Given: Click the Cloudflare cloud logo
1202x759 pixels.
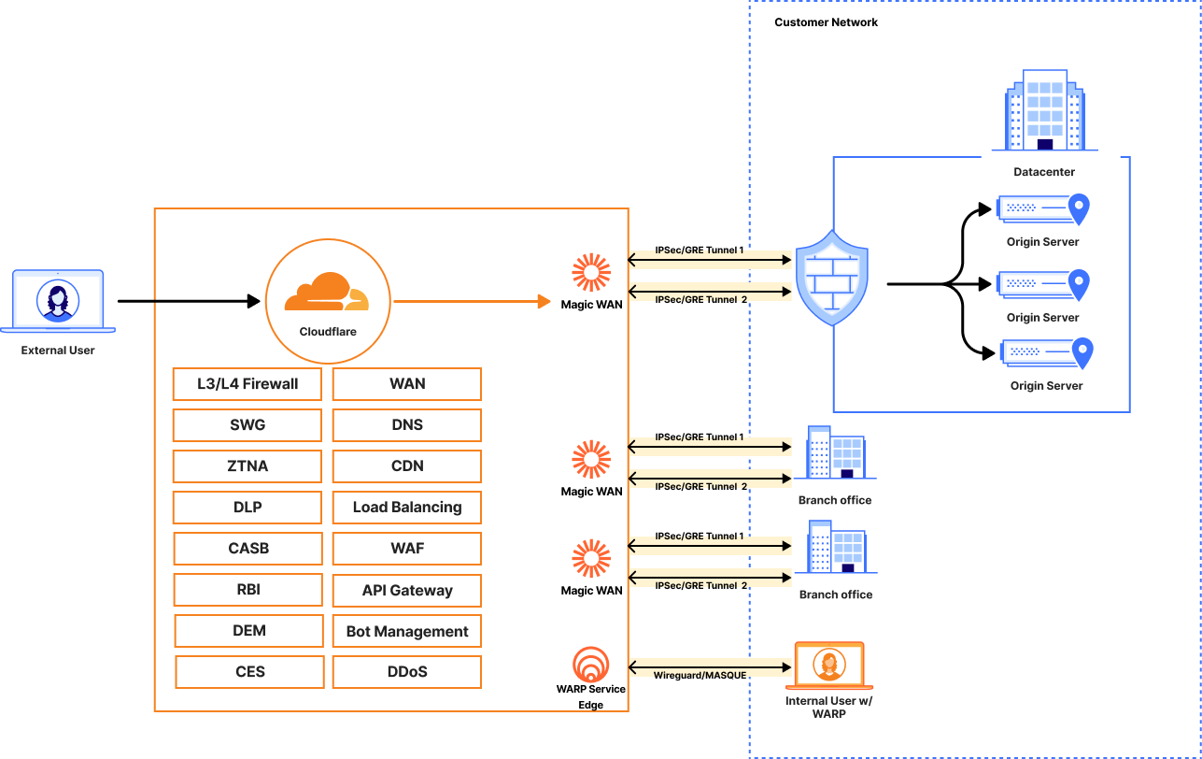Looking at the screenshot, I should tap(327, 292).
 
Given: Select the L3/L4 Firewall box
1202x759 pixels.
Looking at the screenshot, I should tap(247, 384).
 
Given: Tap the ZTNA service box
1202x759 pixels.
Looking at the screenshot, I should tap(247, 466).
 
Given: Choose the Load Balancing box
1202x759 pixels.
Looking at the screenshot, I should tap(407, 508).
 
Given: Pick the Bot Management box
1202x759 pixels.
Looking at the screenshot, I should tap(407, 632).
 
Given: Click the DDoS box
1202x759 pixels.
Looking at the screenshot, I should tap(407, 672).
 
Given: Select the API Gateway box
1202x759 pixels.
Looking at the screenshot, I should tap(407, 591).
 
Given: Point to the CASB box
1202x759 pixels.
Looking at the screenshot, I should tap(247, 549).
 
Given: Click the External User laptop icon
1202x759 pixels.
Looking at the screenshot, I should tap(58, 301).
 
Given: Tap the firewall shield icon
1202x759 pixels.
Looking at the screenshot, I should tap(831, 278).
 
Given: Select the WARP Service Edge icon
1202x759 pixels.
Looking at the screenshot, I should tap(591, 664).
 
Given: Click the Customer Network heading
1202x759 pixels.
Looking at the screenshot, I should tap(827, 22).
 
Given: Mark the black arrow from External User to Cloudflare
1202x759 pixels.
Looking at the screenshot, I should tap(188, 301).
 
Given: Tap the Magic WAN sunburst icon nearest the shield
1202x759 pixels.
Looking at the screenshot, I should tap(591, 272).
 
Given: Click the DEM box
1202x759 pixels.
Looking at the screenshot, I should tap(248, 631).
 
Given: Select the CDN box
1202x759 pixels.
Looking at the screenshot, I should tap(407, 466).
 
